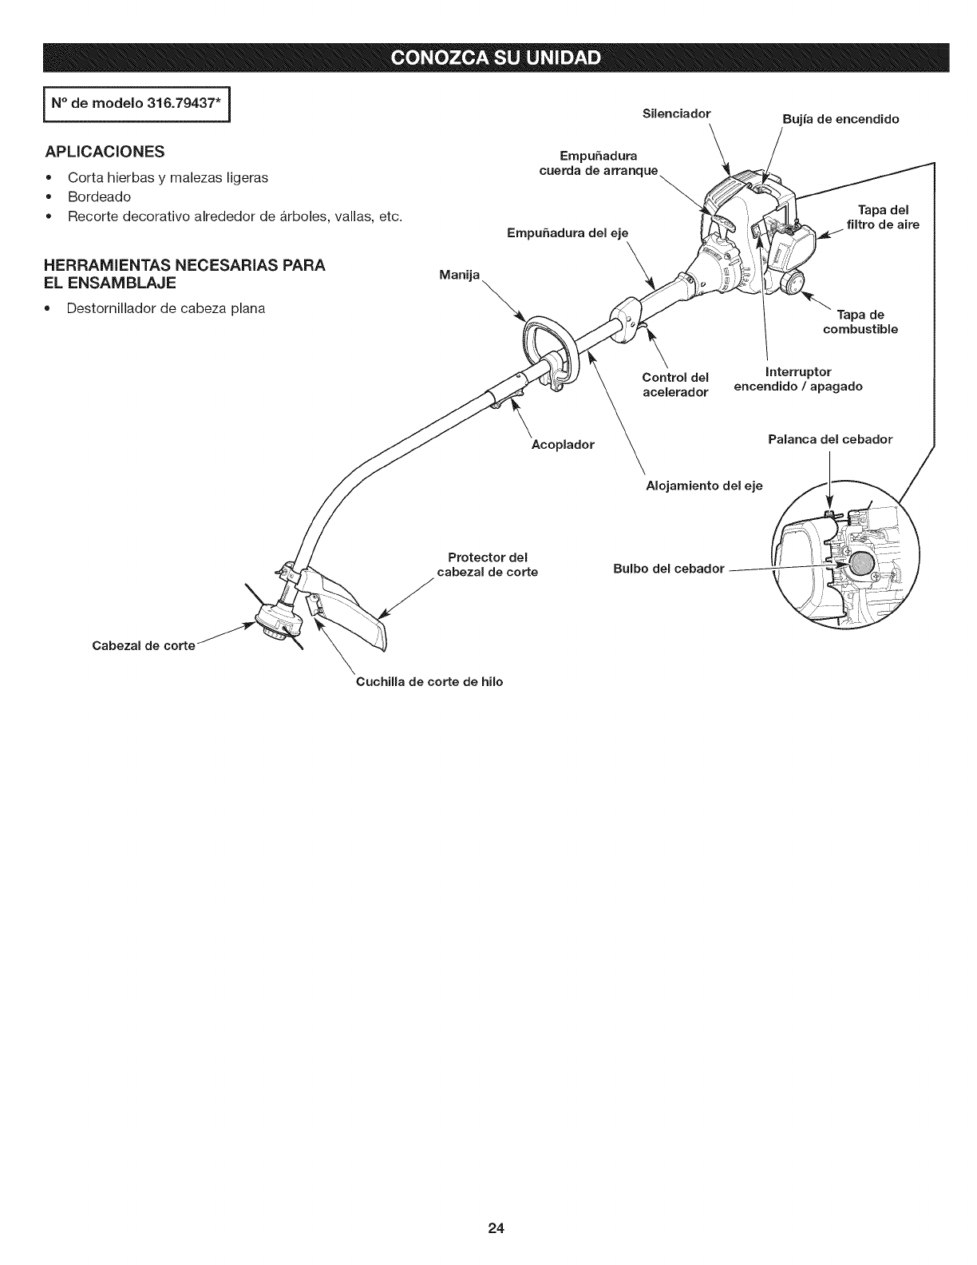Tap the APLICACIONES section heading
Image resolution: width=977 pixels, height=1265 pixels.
coord(117,152)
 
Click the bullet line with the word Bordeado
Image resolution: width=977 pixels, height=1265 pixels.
coord(100,196)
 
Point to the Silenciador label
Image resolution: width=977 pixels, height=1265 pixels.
coord(676,113)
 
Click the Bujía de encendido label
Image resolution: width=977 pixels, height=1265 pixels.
coord(840,120)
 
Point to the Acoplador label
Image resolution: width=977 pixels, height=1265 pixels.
coord(563,444)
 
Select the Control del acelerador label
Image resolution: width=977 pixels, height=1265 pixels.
coord(675,384)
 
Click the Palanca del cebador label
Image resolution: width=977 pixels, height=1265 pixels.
coord(830,439)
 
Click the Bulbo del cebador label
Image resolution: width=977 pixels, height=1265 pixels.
coord(668,569)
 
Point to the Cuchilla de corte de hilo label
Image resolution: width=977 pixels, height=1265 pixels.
coord(429,682)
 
